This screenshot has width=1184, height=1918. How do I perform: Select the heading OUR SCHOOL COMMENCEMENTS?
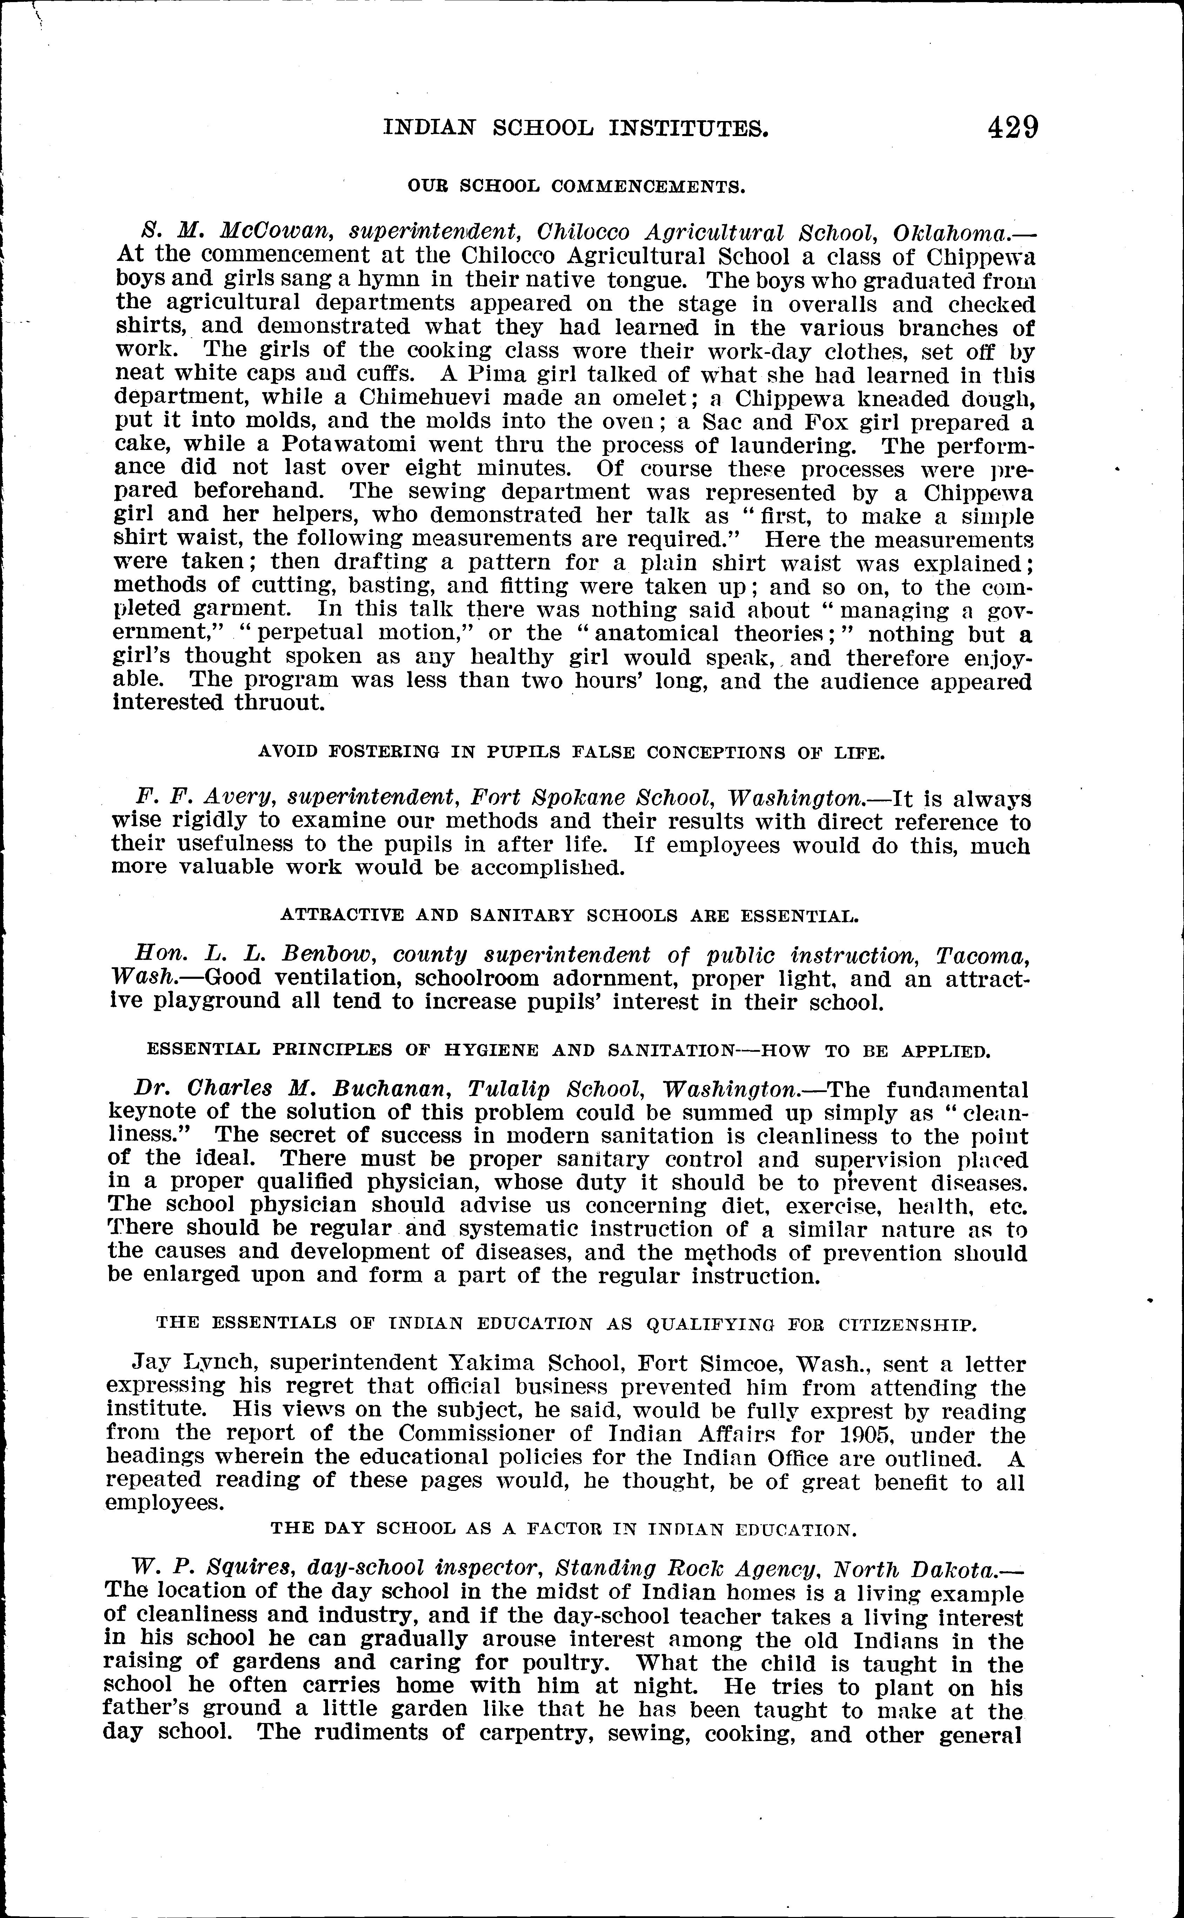(576, 187)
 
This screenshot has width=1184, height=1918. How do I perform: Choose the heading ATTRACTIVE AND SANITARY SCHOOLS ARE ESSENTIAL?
(569, 915)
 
